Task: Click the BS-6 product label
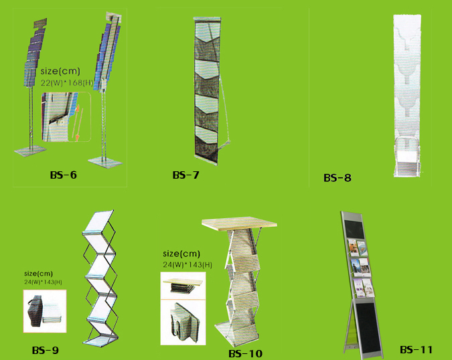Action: (x=64, y=175)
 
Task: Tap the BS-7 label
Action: (x=185, y=175)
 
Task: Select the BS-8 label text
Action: (x=337, y=178)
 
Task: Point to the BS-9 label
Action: (x=46, y=350)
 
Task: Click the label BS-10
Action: (x=245, y=353)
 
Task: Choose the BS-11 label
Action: (x=416, y=350)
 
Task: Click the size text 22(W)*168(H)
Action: (x=66, y=83)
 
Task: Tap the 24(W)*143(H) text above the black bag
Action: (x=43, y=282)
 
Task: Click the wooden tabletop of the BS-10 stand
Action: (x=239, y=223)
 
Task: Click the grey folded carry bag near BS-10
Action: (x=183, y=322)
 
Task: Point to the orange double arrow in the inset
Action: (x=77, y=123)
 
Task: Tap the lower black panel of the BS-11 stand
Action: (x=367, y=329)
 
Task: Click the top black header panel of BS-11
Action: (x=354, y=230)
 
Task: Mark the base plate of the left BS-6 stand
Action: (x=31, y=151)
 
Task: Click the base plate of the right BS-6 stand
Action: (x=105, y=162)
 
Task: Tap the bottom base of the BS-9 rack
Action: (x=101, y=340)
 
